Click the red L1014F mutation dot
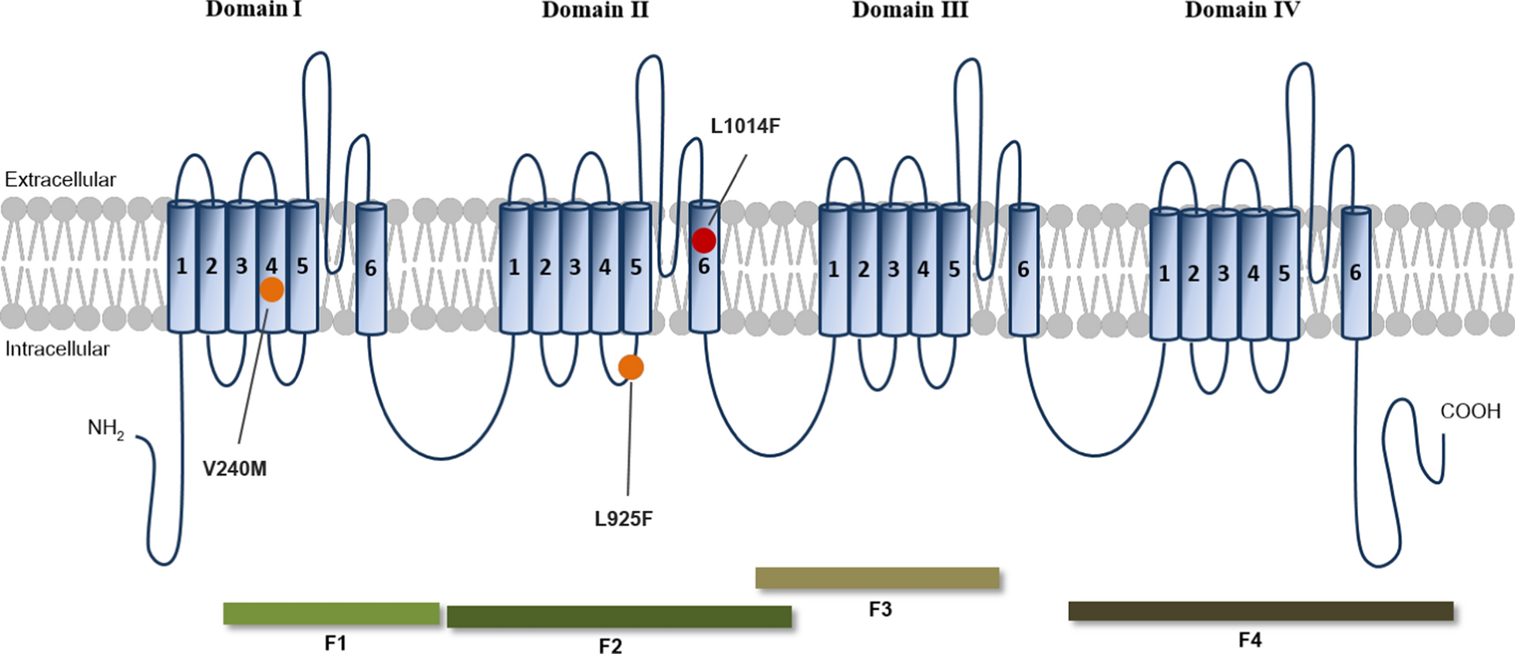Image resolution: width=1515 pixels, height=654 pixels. pyautogui.click(x=703, y=240)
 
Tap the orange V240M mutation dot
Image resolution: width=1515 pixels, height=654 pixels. pyautogui.click(x=271, y=290)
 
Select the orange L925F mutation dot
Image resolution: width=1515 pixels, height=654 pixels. pyautogui.click(x=631, y=367)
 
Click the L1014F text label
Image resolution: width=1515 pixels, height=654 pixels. pyautogui.click(x=744, y=126)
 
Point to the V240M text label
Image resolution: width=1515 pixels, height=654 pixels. pyautogui.click(x=234, y=468)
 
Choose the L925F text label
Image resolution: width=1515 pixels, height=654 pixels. pyautogui.click(x=623, y=519)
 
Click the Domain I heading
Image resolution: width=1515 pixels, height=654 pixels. pyautogui.click(x=254, y=10)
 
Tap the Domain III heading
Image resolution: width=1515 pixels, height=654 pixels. pyautogui.click(x=910, y=10)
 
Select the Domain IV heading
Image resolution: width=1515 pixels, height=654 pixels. pyautogui.click(x=1242, y=10)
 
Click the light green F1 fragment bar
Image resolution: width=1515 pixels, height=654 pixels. pyautogui.click(x=331, y=614)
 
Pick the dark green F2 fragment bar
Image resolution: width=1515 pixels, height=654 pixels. pyautogui.click(x=618, y=617)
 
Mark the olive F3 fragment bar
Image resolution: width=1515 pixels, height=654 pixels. pyautogui.click(x=877, y=578)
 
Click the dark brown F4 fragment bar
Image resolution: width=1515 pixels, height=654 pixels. pyautogui.click(x=1260, y=611)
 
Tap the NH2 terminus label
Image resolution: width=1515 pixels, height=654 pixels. pyautogui.click(x=105, y=428)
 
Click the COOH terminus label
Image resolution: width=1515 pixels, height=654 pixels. pyautogui.click(x=1470, y=411)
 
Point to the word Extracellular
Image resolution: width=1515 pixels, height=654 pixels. pyautogui.click(x=60, y=180)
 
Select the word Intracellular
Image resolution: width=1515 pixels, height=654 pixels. pyautogui.click(x=57, y=349)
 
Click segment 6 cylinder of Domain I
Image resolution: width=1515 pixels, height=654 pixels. pyautogui.click(x=370, y=268)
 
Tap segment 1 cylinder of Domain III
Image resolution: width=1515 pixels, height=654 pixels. pyautogui.click(x=833, y=270)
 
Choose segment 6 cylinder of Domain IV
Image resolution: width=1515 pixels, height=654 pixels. pyautogui.click(x=1355, y=273)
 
